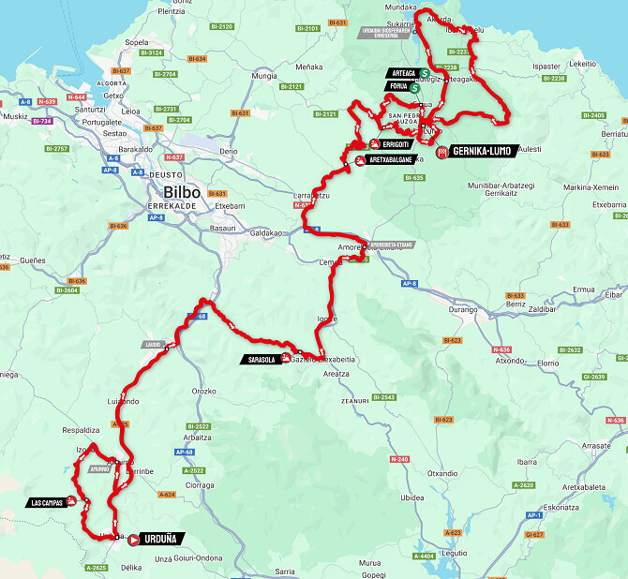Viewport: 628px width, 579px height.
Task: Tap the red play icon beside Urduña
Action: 134,539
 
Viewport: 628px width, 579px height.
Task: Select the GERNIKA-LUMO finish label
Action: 483,151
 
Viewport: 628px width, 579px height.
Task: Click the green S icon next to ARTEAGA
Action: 424,73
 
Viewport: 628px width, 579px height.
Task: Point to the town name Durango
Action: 489,306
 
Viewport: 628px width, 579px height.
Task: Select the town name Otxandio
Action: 441,474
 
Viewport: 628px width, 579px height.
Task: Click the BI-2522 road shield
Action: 195,426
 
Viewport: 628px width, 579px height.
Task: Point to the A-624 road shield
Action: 168,494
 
